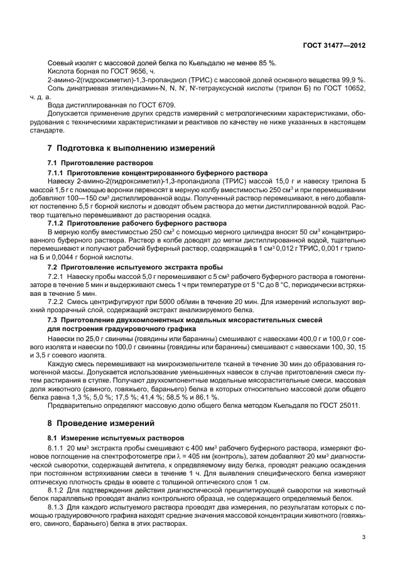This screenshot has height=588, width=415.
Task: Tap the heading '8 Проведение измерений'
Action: click(x=103, y=423)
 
